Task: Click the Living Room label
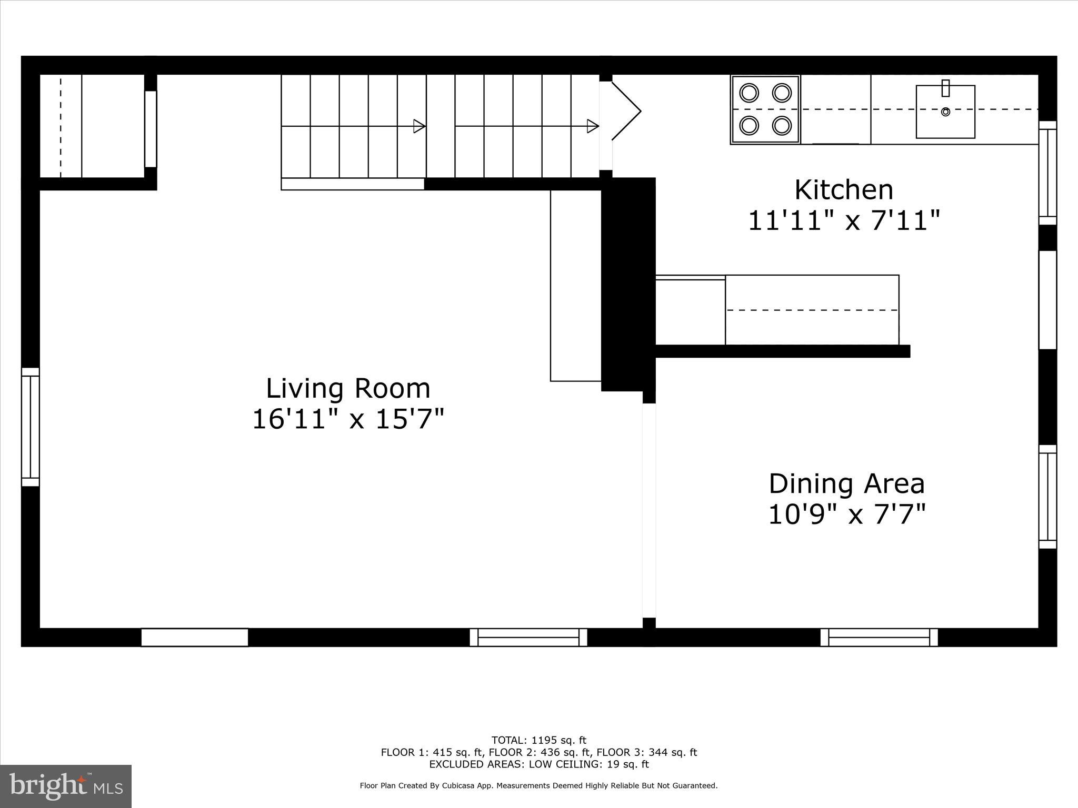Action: click(348, 389)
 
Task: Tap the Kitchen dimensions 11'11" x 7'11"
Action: click(844, 220)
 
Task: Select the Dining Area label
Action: click(846, 484)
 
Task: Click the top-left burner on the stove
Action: click(748, 93)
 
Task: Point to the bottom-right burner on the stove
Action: click(782, 126)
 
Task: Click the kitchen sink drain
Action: click(945, 112)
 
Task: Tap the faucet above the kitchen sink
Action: click(945, 88)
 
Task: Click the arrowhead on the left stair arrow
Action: click(420, 126)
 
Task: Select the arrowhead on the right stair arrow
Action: click(593, 126)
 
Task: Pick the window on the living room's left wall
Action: click(31, 427)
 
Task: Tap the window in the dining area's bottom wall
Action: click(879, 637)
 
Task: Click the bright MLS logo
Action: click(66, 786)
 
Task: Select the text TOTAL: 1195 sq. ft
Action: click(538, 740)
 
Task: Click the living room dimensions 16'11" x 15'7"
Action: click(348, 420)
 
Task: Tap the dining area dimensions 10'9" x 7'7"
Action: click(846, 514)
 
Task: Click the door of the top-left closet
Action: click(151, 129)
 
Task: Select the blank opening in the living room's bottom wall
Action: click(194, 637)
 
